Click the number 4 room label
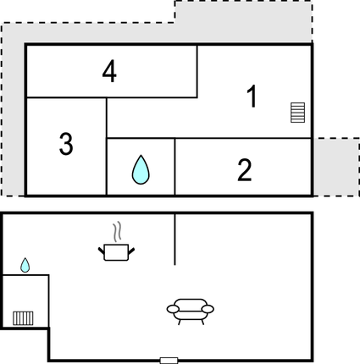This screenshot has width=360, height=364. click(x=109, y=71)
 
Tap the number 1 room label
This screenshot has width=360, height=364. click(x=252, y=96)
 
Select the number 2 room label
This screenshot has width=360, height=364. click(x=245, y=169)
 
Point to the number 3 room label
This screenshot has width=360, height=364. click(x=66, y=144)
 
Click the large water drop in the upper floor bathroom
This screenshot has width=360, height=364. click(x=141, y=169)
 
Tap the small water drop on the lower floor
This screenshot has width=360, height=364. click(x=25, y=265)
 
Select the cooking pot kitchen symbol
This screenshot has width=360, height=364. click(x=116, y=252)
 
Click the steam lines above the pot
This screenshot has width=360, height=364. click(x=118, y=231)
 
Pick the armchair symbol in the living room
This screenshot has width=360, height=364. click(x=191, y=312)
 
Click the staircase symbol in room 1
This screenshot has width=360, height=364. click(x=298, y=113)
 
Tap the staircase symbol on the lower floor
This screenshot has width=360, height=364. click(x=23, y=318)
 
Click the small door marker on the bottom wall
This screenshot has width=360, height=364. click(x=169, y=361)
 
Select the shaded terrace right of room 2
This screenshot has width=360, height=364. click(x=336, y=167)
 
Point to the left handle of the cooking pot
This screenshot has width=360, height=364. click(x=102, y=251)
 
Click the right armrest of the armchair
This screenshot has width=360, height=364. click(x=208, y=309)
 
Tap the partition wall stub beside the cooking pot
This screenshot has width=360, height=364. click(x=174, y=240)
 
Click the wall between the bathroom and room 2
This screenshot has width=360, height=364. click(x=174, y=167)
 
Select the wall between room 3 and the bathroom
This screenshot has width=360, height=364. click(x=107, y=146)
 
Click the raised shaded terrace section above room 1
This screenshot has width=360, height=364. click(x=243, y=22)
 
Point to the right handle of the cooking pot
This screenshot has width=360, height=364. click(x=131, y=251)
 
